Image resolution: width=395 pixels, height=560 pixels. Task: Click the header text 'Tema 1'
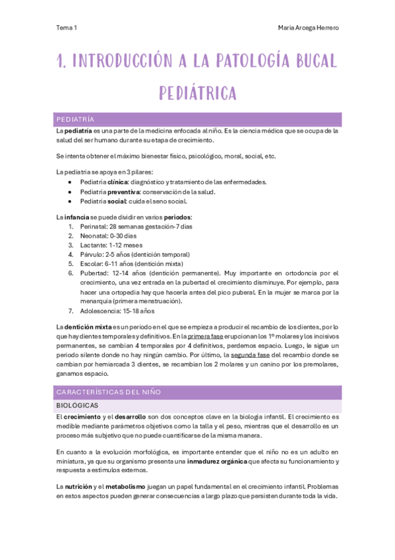coord(67,28)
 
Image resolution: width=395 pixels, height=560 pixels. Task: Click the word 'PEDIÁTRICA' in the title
coord(197,93)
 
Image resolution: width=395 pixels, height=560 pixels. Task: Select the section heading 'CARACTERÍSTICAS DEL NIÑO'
coord(108,392)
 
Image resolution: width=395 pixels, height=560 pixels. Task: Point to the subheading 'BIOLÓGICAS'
coord(76,405)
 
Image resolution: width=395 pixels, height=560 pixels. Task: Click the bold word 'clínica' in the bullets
coord(117,182)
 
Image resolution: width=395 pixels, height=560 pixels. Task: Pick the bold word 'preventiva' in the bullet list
coord(124,192)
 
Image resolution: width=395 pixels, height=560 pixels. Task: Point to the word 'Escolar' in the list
coord(91,263)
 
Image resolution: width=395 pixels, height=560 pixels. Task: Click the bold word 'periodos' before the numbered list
coord(177,217)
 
